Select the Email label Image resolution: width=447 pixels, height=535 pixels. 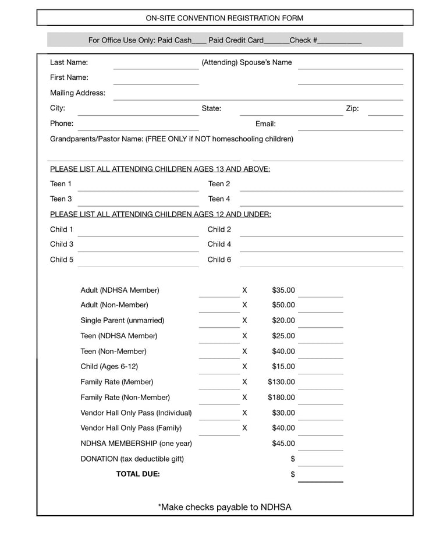(265, 124)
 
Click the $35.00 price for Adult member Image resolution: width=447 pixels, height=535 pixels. (283, 290)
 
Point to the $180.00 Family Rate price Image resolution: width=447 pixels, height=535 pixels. (281, 398)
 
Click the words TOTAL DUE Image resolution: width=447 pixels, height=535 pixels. (138, 474)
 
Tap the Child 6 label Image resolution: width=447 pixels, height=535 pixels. (219, 260)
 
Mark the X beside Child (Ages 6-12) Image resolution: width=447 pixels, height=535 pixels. (244, 367)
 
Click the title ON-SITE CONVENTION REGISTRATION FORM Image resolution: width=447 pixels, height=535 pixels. (225, 18)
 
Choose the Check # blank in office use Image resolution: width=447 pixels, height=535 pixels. (339, 42)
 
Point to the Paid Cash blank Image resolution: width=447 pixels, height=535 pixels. (199, 42)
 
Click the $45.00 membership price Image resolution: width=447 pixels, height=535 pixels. (283, 444)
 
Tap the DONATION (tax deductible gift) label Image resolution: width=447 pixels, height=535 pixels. (132, 459)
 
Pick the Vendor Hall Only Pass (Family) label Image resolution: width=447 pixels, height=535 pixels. (131, 428)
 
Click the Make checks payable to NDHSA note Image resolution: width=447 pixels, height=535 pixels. (225, 508)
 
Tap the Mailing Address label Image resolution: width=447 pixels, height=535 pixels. (78, 93)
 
